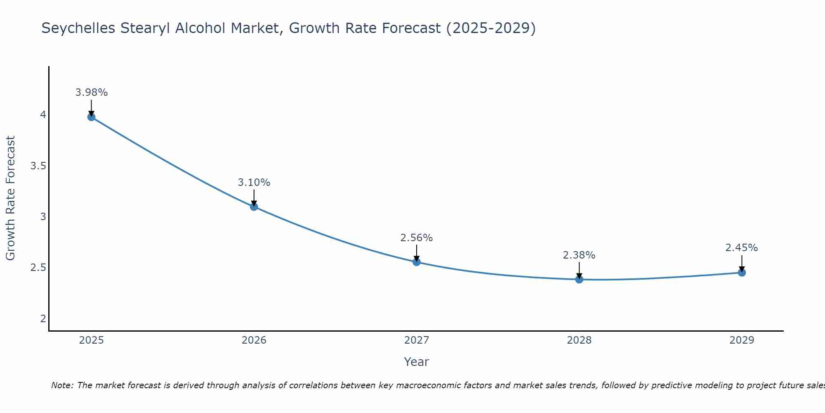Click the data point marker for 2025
coord(91,117)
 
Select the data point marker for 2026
coord(254,206)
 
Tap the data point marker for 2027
coord(417,262)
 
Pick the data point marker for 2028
coord(579,280)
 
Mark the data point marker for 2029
coord(742,273)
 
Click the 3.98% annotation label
coord(91,93)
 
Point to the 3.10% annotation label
coord(254,183)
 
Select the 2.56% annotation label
coord(417,238)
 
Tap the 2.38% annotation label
coord(579,255)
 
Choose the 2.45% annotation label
coord(742,248)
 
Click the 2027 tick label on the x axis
coord(417,340)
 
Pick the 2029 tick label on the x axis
coord(742,340)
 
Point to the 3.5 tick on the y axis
coord(38,166)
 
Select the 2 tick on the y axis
coord(43,318)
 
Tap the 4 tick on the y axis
coord(43,115)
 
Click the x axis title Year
coord(417,362)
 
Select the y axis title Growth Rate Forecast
coord(10,198)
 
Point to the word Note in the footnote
coord(62,385)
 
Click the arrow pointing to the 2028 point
coord(579,271)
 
